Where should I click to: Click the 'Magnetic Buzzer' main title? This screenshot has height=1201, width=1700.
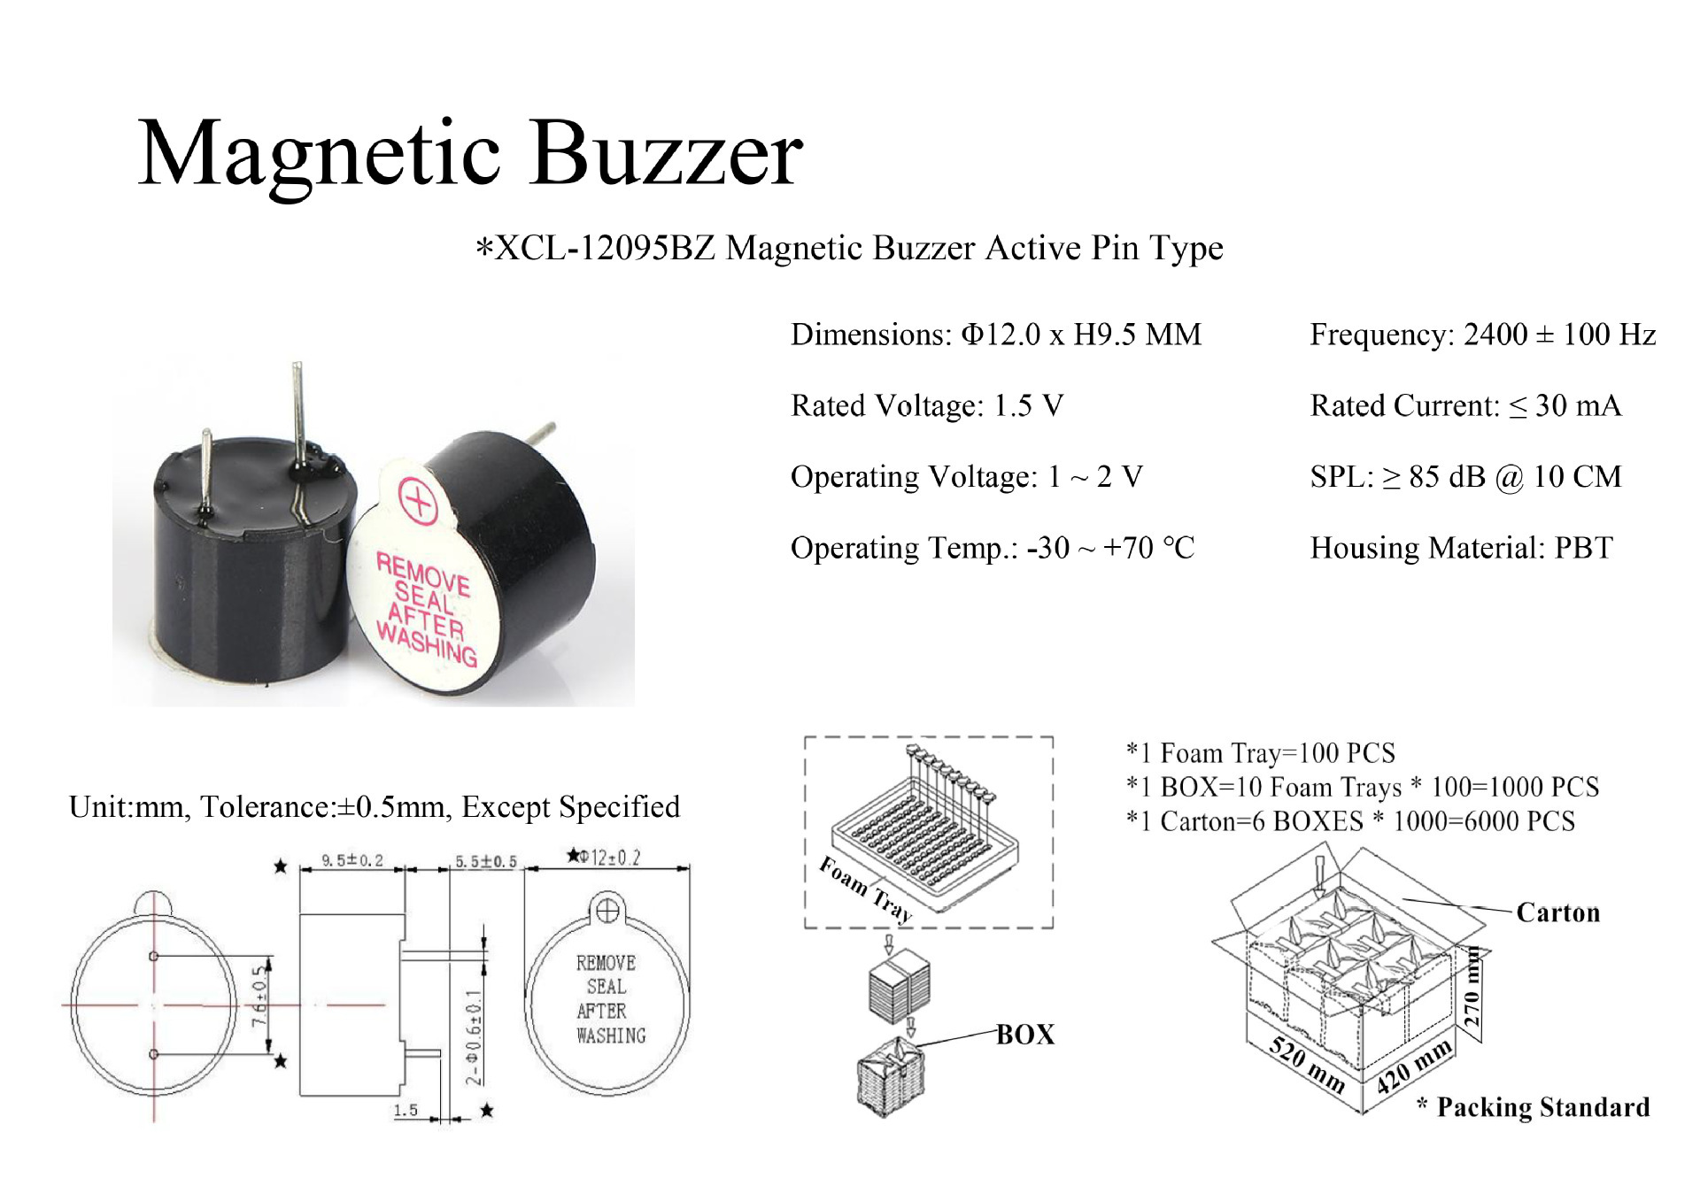point(470,155)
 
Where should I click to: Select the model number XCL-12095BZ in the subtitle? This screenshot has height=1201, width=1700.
point(605,249)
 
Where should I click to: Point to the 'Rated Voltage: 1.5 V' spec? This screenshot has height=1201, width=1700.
point(926,406)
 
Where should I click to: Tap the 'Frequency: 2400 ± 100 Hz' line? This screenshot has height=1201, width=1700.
point(1482,335)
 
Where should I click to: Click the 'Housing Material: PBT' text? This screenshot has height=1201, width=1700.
point(1461,548)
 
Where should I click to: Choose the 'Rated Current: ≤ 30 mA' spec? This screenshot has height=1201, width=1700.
point(1465,406)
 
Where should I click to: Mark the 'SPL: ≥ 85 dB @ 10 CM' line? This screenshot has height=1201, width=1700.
point(1465,477)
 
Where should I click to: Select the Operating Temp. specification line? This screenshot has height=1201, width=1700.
point(992,548)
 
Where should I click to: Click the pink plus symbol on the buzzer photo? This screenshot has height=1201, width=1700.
point(418,501)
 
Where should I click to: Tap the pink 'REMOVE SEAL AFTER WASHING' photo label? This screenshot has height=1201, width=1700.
point(425,609)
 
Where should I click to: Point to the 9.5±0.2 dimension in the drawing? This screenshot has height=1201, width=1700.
point(352,860)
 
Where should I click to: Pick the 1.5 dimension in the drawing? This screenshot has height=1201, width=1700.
point(406,1110)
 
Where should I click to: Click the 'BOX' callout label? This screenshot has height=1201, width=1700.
point(1025,1035)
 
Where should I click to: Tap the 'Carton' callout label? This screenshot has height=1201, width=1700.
point(1557,912)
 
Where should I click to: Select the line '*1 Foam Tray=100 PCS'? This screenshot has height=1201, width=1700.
point(1260,753)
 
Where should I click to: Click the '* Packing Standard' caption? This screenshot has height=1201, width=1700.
point(1534,1107)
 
